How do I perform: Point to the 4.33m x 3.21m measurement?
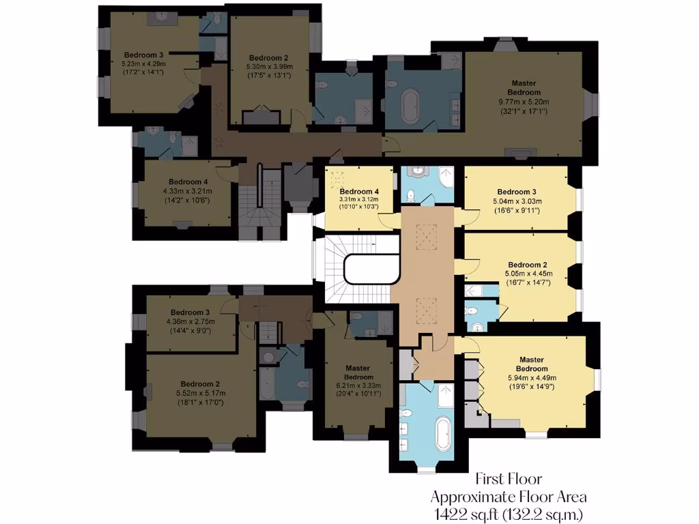click(x=188, y=191)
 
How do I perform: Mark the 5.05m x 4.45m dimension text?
click(x=528, y=274)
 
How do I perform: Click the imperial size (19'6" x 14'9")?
click(x=532, y=387)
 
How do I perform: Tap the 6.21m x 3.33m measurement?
click(x=358, y=385)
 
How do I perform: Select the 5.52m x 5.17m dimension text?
click(x=201, y=393)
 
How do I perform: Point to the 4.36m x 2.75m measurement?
click(x=190, y=321)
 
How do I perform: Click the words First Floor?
click(x=508, y=480)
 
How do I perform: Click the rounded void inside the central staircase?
click(x=372, y=269)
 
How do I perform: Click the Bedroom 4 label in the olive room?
click(x=188, y=181)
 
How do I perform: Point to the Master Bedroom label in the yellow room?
click(x=532, y=364)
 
